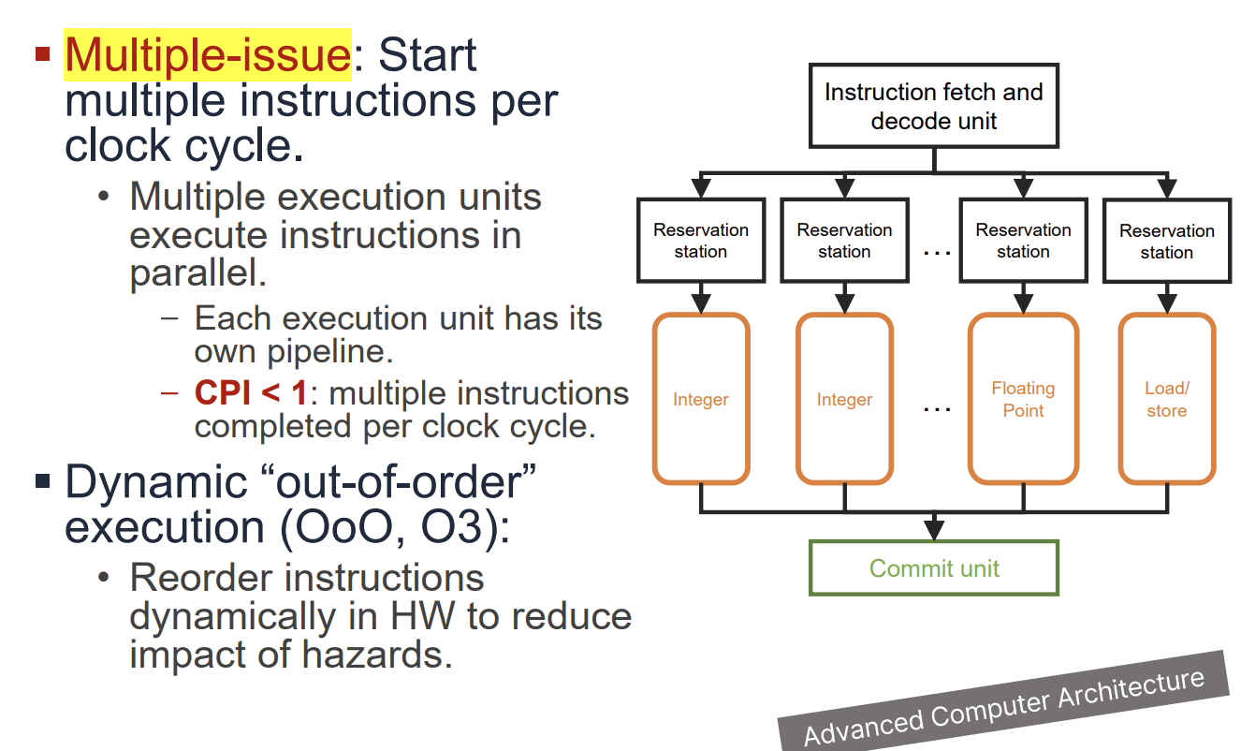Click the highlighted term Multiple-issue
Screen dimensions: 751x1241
coord(208,55)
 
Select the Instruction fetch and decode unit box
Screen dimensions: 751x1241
coord(933,106)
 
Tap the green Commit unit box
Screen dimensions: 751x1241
coord(933,568)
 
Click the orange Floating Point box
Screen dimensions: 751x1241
coord(1023,400)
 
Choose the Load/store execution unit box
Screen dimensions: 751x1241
coord(1166,400)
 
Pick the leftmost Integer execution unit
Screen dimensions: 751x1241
coord(701,400)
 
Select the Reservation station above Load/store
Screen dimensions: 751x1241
coord(1166,241)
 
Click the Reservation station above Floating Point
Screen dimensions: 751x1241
coord(1023,241)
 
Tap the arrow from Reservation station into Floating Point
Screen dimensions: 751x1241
coord(1023,301)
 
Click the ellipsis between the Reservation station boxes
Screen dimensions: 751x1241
coord(937,252)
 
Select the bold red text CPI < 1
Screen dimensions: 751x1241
coord(250,393)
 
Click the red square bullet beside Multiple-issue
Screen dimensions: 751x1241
coord(42,53)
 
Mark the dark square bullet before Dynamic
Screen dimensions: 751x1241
coord(42,482)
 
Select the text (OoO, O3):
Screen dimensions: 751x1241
coord(394,527)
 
